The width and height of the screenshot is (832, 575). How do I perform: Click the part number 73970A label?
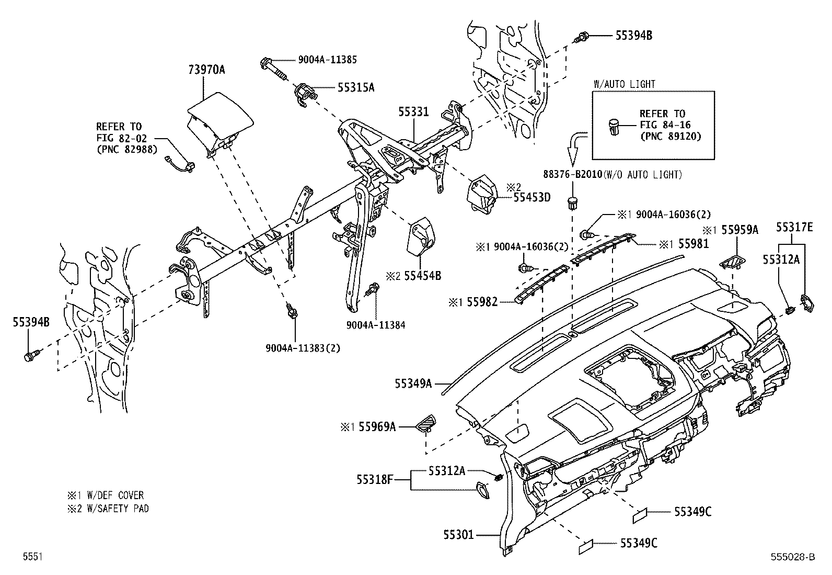click(x=206, y=70)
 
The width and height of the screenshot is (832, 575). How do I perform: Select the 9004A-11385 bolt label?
click(x=327, y=60)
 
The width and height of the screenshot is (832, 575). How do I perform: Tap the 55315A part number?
click(x=356, y=88)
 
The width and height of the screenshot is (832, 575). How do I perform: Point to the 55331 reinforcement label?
click(x=413, y=111)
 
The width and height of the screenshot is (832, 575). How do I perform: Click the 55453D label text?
click(x=531, y=197)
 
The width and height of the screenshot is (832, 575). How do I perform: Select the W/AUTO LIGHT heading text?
click(x=624, y=84)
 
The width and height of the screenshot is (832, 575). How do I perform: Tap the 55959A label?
click(x=739, y=229)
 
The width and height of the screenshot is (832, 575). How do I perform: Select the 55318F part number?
click(x=375, y=479)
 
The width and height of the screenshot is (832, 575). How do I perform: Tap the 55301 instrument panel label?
click(x=458, y=534)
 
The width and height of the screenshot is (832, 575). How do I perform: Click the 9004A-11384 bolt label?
click(x=375, y=325)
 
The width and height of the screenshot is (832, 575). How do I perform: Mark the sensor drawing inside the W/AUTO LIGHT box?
click(x=614, y=127)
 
